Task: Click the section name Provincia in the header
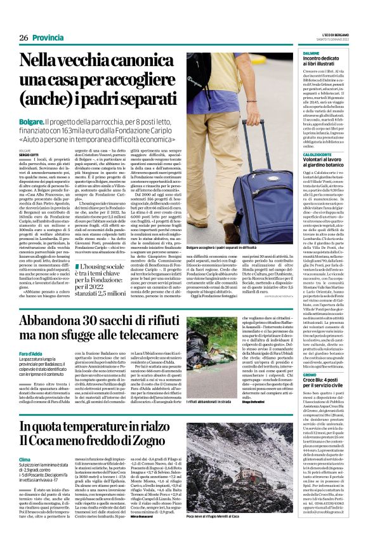[47, 37]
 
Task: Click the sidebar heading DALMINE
[312, 54]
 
